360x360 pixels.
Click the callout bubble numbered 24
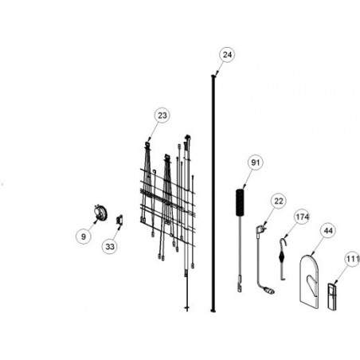(x=227, y=55)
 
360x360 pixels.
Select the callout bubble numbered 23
(x=162, y=115)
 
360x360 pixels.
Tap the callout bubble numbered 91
(x=255, y=162)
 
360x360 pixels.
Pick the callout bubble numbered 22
(x=279, y=201)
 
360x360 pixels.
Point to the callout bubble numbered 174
(x=302, y=217)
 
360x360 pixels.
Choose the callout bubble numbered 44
(x=328, y=231)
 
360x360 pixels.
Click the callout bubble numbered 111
(x=352, y=259)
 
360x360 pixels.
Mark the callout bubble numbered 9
(x=84, y=237)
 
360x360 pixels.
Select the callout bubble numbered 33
(x=110, y=247)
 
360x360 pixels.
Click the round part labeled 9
(x=100, y=213)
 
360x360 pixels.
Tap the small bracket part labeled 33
(x=119, y=220)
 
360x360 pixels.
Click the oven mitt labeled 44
(x=309, y=281)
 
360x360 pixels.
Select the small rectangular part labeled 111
(x=332, y=296)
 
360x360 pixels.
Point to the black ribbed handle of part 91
(x=240, y=202)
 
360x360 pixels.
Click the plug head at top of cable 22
(x=260, y=229)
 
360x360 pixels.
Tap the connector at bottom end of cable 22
(x=270, y=292)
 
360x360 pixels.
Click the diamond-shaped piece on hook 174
(x=281, y=256)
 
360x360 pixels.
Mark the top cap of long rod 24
(x=213, y=76)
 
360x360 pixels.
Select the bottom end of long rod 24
(x=213, y=310)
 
